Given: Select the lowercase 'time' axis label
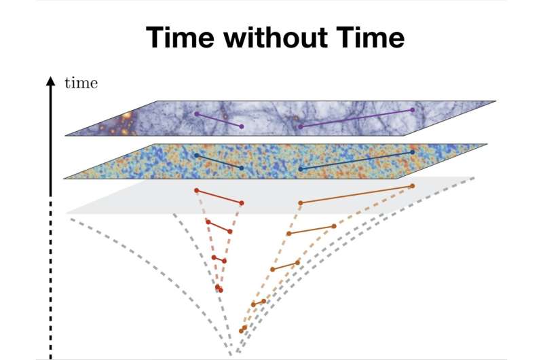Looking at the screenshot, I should tap(81, 84).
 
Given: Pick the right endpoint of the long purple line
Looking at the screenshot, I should tap(412, 110).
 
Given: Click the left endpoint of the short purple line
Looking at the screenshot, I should tap(197, 113).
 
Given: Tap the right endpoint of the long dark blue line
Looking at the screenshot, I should tap(412, 152).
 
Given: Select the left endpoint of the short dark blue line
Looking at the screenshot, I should tap(196, 156).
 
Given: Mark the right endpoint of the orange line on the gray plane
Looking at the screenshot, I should tap(412, 185).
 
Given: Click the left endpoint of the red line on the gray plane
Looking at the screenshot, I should tap(196, 190).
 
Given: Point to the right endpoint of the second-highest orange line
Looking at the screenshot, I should tap(334, 226).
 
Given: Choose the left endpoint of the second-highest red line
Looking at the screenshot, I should tap(207, 221).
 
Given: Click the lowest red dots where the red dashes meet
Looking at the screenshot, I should tap(219, 289).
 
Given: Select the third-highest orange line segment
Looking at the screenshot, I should tap(285, 266).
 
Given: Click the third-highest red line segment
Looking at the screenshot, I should tap(219, 259).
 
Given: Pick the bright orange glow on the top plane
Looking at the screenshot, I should tap(125, 122).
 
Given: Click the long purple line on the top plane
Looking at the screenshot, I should tap(356, 118).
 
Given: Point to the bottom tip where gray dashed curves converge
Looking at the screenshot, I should tap(233, 354).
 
